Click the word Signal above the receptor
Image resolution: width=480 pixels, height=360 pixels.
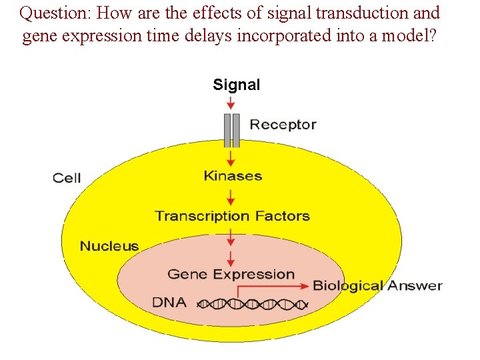(236, 85)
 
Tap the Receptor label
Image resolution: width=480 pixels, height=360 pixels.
(283, 125)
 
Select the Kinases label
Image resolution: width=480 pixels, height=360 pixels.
(232, 176)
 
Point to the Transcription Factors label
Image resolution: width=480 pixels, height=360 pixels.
(232, 216)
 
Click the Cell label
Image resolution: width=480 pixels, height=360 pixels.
(67, 178)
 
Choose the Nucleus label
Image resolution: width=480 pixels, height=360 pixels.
(109, 247)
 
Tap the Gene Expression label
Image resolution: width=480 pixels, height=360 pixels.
(231, 274)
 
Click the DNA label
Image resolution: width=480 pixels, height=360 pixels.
(169, 302)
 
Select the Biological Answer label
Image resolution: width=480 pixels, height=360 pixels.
(377, 286)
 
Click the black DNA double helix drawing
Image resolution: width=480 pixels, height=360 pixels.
(253, 304)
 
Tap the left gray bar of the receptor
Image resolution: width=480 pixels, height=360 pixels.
(227, 130)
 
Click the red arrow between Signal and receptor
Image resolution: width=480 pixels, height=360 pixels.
(231, 103)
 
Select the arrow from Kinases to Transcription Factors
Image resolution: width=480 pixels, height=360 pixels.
(231, 197)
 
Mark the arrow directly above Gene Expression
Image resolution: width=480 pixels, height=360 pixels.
(231, 259)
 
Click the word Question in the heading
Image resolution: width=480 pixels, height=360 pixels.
(55, 13)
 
